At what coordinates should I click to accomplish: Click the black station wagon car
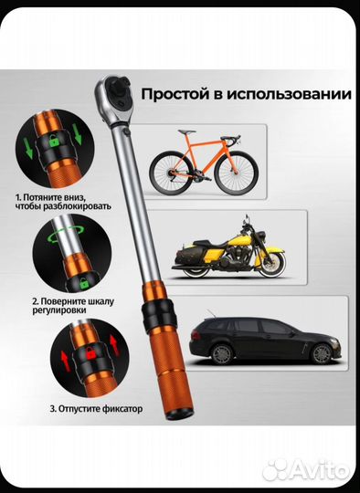pyautogui.click(x=257, y=340)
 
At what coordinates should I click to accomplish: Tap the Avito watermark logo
pyautogui.click(x=306, y=469)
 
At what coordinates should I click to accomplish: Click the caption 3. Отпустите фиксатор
pyautogui.click(x=90, y=408)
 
